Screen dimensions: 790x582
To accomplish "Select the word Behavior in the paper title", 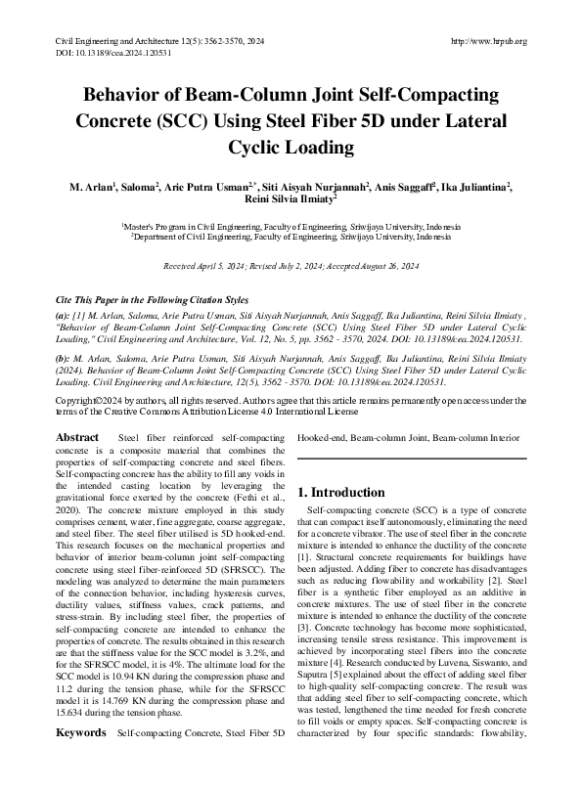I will [121, 99].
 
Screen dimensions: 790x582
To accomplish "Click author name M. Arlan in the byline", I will [90, 187].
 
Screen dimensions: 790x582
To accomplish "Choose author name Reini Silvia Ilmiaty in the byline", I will [290, 200].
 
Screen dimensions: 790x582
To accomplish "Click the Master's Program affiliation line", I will [291, 225].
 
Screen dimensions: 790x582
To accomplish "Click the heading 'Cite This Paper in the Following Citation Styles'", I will [152, 299].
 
